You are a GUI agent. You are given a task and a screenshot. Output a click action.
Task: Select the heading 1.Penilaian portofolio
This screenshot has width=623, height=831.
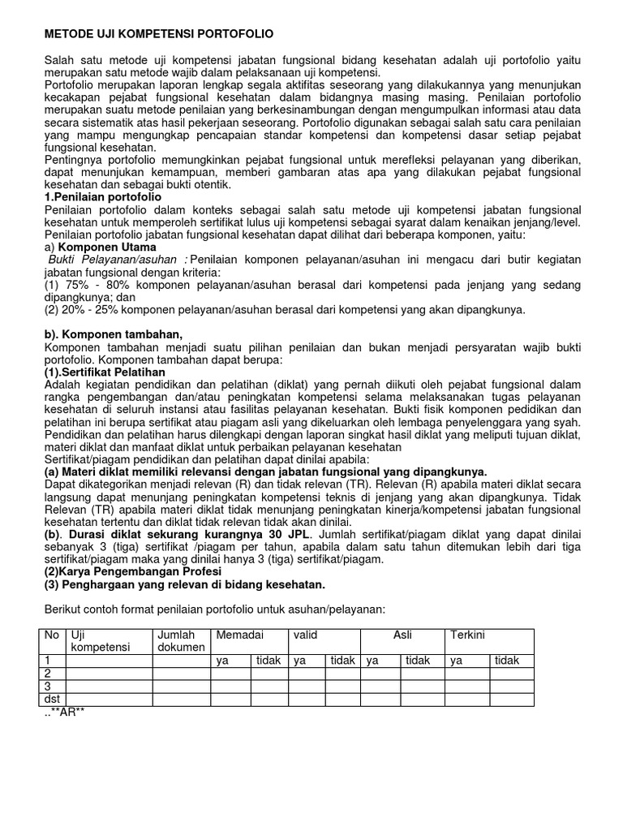pos(102,197)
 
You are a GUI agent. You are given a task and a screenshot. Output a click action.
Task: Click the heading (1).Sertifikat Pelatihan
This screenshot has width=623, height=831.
pos(101,371)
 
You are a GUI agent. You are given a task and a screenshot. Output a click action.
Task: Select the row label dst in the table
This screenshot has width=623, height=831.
pos(53,700)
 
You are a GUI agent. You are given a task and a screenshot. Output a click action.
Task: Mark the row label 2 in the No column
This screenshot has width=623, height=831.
pos(48,674)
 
